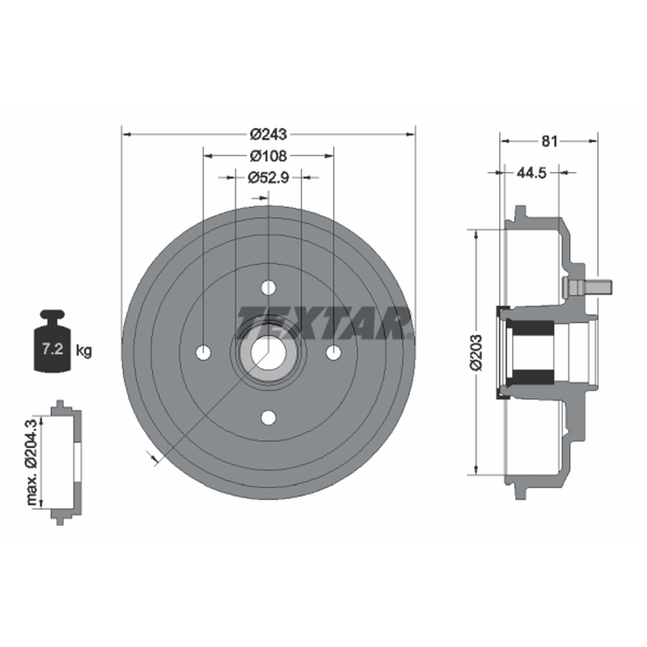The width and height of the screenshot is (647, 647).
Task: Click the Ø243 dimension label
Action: pyautogui.click(x=269, y=134)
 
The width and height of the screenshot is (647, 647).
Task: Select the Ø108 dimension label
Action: pyautogui.click(x=269, y=156)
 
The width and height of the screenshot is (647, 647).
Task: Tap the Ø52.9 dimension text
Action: pyautogui.click(x=269, y=178)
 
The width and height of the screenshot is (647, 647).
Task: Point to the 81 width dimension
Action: pyautogui.click(x=549, y=141)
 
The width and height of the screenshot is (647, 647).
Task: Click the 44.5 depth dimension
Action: pyautogui.click(x=531, y=172)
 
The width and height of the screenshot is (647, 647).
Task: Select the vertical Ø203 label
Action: pyautogui.click(x=476, y=353)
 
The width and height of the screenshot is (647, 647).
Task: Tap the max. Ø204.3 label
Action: pyautogui.click(x=32, y=461)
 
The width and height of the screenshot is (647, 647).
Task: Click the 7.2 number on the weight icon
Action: pyautogui.click(x=53, y=349)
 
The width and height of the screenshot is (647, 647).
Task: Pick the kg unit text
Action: pyautogui.click(x=84, y=351)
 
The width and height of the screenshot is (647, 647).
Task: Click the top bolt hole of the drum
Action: pyautogui.click(x=269, y=288)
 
